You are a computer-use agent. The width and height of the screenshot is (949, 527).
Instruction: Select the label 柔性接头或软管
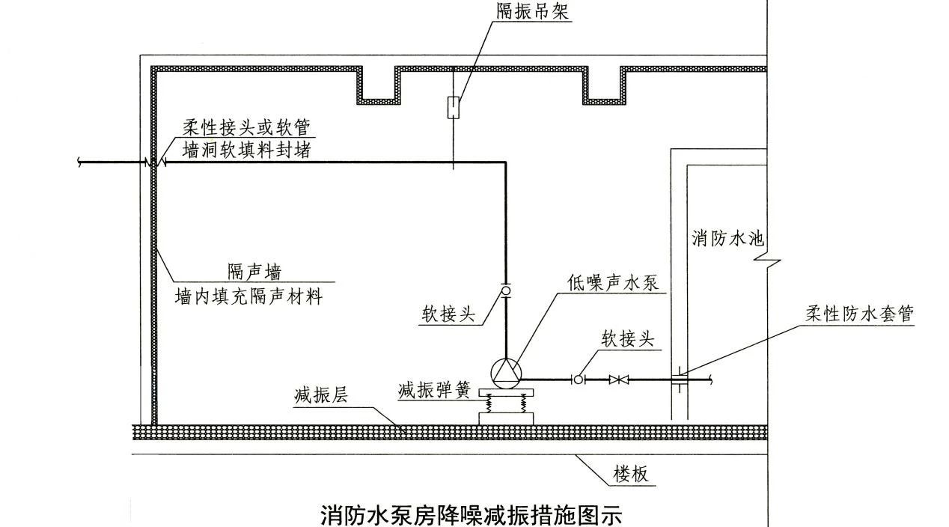(245, 127)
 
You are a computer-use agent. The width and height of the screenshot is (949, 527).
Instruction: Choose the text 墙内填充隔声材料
(248, 296)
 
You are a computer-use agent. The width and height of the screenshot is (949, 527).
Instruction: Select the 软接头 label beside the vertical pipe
(448, 314)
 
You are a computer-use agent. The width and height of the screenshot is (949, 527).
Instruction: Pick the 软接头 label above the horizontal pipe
(628, 338)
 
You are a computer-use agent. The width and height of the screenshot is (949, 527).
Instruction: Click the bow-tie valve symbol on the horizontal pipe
(618, 380)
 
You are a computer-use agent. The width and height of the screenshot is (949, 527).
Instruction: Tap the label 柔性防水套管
(859, 314)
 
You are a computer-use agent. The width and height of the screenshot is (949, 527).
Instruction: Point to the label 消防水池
(727, 239)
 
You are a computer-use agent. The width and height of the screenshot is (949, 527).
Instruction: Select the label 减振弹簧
(433, 390)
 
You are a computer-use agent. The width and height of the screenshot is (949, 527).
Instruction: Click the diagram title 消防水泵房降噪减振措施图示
(471, 516)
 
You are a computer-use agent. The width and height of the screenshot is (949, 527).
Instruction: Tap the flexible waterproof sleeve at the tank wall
(679, 380)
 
